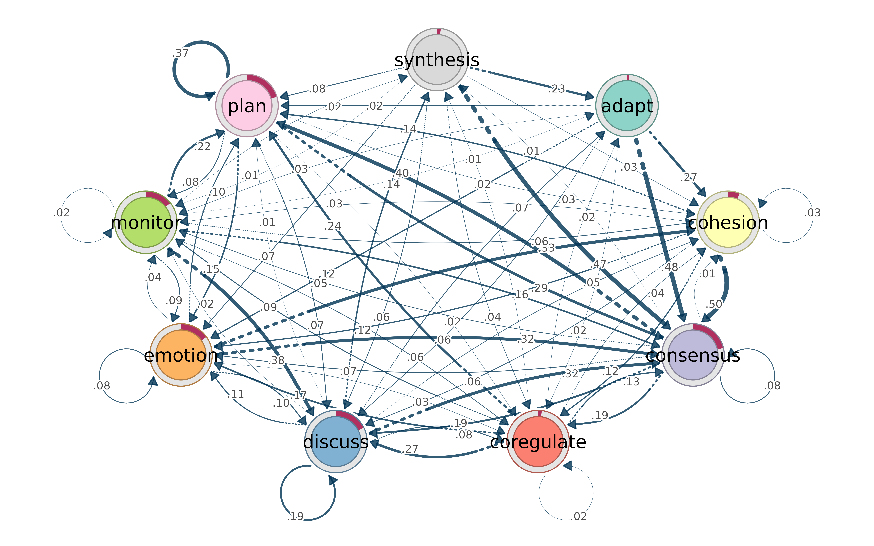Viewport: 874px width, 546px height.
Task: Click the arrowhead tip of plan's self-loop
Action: coord(216,95)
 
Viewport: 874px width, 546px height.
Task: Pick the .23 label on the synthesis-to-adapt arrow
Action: coord(557,89)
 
